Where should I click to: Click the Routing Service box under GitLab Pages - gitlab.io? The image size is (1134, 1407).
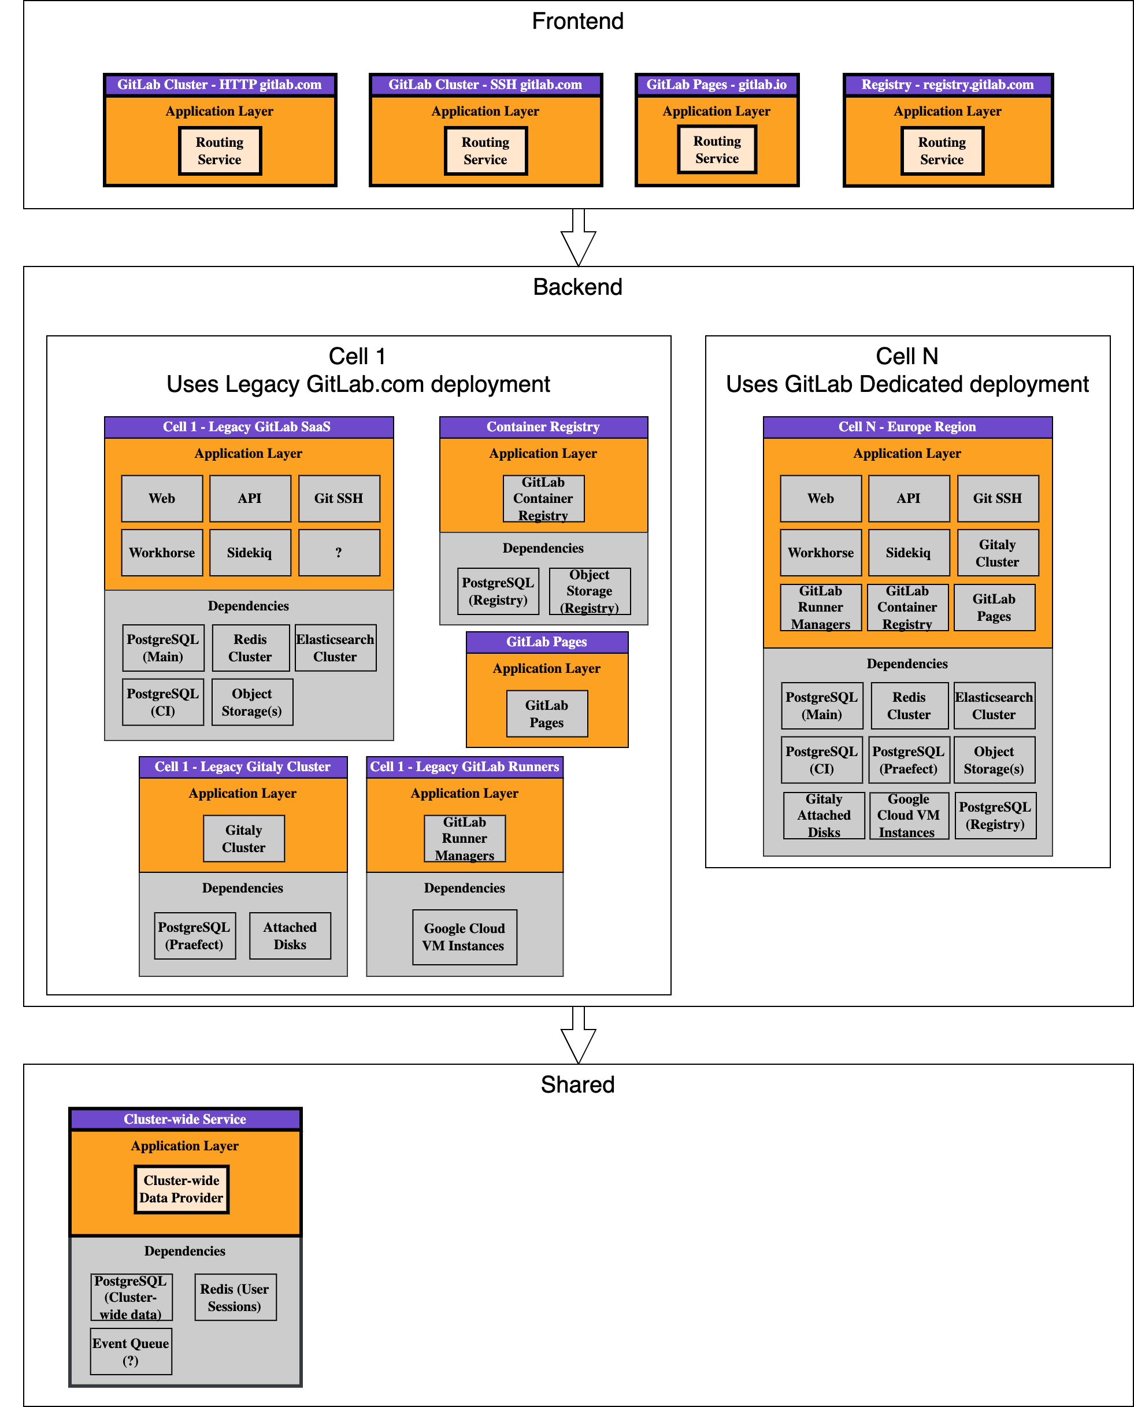point(717,150)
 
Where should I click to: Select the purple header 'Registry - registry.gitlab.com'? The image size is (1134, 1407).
point(947,85)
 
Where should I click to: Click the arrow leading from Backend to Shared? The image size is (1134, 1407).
point(578,1036)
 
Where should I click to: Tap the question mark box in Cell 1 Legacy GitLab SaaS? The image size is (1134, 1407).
point(339,553)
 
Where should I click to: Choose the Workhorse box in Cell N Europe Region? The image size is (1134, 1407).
point(821,553)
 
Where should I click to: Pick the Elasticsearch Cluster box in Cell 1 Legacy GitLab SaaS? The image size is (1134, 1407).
point(335,648)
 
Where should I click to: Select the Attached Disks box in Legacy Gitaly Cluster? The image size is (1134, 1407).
point(290,936)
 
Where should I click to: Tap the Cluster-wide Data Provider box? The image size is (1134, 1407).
point(181,1190)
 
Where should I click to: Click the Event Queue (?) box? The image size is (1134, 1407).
point(131,1352)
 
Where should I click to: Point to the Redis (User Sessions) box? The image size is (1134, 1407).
point(235,1297)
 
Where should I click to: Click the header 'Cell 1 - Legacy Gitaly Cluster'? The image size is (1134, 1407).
point(243,767)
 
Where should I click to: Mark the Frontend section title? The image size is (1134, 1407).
point(577,21)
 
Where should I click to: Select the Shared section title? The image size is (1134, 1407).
point(577,1085)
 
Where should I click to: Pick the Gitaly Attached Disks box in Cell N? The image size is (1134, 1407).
point(824,816)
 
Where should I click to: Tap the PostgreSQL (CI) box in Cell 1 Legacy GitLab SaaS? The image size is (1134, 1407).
point(162,702)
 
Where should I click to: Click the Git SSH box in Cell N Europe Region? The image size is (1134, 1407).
point(998,498)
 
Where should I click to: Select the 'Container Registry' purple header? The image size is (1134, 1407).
point(543,427)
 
